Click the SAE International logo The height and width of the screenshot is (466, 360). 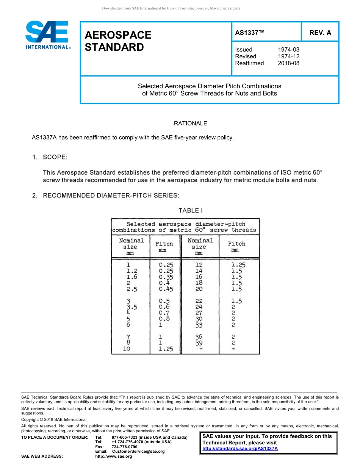click(x=47, y=35)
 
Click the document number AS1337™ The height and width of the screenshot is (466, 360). click(x=250, y=33)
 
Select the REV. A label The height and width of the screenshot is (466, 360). click(x=320, y=33)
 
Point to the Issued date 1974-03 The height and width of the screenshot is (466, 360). click(x=288, y=50)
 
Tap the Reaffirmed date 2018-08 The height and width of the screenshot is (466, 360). click(x=288, y=63)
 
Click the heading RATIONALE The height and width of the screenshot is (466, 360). click(x=190, y=124)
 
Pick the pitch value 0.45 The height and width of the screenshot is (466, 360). click(x=166, y=289)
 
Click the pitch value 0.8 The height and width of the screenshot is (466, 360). click(x=164, y=319)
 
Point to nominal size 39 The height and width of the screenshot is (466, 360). click(x=199, y=343)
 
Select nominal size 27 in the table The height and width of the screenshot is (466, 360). click(x=199, y=313)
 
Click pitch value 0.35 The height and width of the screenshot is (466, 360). click(x=166, y=277)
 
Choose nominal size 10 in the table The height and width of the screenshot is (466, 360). click(x=127, y=349)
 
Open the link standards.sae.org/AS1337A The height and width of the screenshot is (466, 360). click(x=240, y=449)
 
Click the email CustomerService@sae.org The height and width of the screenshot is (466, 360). click(x=138, y=451)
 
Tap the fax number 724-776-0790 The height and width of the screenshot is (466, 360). click(x=125, y=447)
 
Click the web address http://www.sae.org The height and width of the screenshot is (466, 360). click(x=114, y=457)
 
